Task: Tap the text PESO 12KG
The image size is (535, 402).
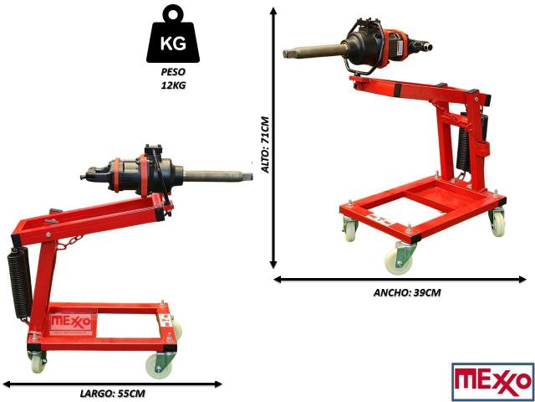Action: click(x=174, y=79)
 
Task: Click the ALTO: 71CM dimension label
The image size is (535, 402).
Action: click(x=266, y=145)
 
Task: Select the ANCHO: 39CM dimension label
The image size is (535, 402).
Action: click(x=407, y=292)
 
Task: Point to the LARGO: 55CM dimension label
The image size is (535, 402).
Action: click(x=113, y=393)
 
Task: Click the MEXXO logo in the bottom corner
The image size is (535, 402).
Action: click(x=492, y=382)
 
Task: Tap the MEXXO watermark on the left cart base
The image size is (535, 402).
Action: click(x=71, y=322)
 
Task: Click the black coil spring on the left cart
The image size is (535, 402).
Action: click(x=19, y=282)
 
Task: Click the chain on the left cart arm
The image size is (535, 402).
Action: click(x=70, y=243)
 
